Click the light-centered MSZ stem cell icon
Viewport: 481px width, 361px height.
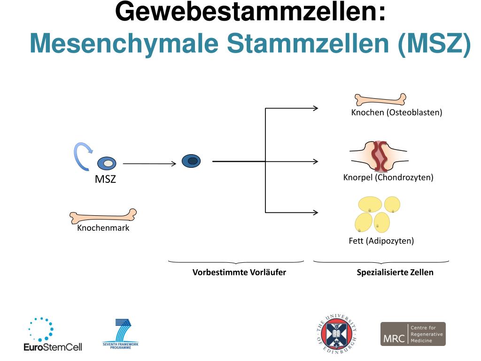[x=107, y=164]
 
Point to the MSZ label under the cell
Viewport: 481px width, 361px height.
[x=105, y=179]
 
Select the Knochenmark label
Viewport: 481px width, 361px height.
[x=103, y=228]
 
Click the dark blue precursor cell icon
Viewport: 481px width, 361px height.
[x=191, y=161]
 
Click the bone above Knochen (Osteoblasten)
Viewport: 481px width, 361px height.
[x=380, y=99]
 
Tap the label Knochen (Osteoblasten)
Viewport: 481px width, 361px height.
[x=396, y=112]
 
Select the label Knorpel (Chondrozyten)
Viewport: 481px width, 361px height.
[x=388, y=177]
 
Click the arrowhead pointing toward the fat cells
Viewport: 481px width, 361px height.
[x=315, y=212]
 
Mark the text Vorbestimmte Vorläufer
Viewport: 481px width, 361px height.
[x=239, y=272]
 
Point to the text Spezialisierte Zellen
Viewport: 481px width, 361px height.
[x=395, y=272]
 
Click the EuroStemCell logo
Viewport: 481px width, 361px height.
[x=53, y=335]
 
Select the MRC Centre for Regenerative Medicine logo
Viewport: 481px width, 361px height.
[x=412, y=334]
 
